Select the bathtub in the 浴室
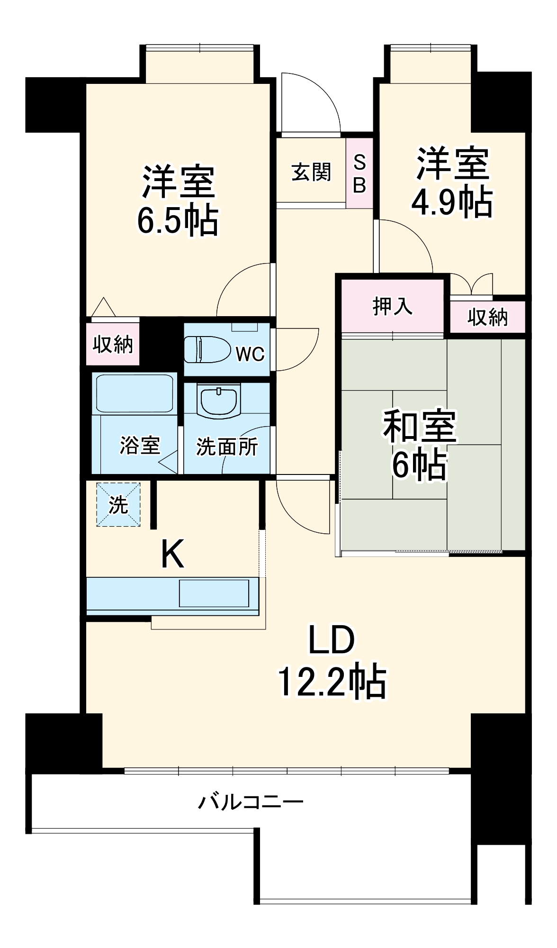(x=134, y=393)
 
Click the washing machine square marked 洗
(x=118, y=504)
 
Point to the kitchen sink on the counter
(x=214, y=593)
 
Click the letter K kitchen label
(x=172, y=555)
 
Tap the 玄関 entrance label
(x=311, y=172)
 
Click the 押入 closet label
(x=392, y=306)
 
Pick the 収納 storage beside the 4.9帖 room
(x=487, y=317)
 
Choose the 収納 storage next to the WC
(x=113, y=345)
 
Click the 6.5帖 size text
(x=178, y=220)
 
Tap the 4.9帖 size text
(x=451, y=203)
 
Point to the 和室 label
(x=419, y=426)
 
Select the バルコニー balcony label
(x=251, y=802)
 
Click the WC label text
(x=250, y=354)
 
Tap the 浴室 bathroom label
(x=140, y=445)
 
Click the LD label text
(x=331, y=640)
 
